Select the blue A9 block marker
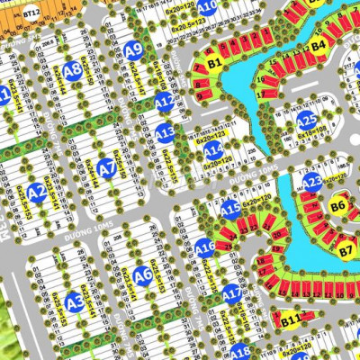click(134, 51)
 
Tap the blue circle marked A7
click(106, 168)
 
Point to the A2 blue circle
click(37, 191)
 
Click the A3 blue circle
click(75, 304)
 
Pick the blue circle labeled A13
click(165, 133)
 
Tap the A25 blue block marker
click(307, 121)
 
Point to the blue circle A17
click(231, 292)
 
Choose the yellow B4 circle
click(318, 45)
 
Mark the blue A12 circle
click(164, 102)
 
